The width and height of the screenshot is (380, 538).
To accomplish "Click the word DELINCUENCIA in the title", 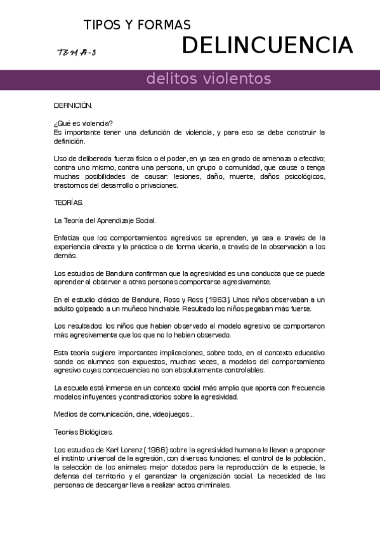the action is [x=267, y=46].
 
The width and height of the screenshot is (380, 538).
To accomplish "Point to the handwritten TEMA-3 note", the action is [x=77, y=53].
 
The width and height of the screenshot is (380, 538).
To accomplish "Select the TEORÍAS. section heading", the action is [x=69, y=203].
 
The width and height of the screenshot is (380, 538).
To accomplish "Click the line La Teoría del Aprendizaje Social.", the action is [x=105, y=221].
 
